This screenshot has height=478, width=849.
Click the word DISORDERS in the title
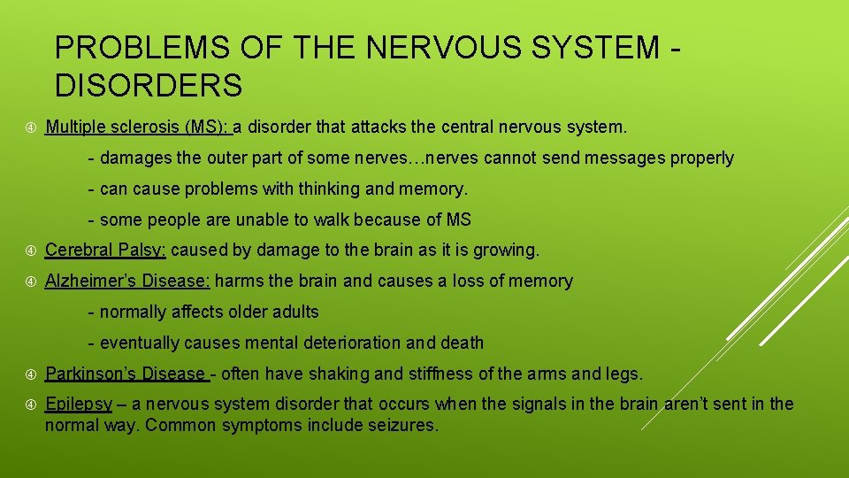click(148, 86)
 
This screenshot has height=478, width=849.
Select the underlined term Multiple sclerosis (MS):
click(138, 127)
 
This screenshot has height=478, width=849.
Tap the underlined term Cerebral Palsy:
click(105, 251)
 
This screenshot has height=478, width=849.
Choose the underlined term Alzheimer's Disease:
click(127, 281)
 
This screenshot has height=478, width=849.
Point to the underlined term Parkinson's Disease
click(125, 374)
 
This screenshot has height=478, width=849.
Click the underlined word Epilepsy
click(79, 405)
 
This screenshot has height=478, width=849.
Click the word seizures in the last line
click(404, 425)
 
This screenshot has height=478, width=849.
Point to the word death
click(461, 343)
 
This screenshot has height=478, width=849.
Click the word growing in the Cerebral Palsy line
click(506, 251)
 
